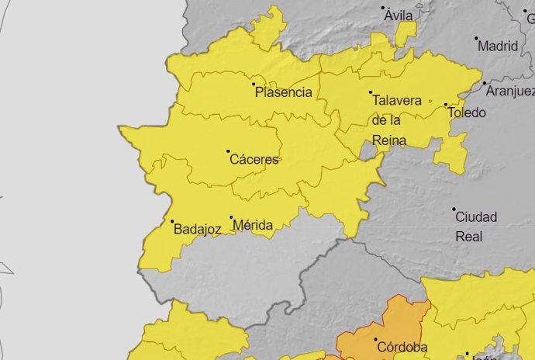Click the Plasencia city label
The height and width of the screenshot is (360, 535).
pos(284,92)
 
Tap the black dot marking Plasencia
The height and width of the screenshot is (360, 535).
pos(254,83)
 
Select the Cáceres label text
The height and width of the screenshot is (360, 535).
pos(254,160)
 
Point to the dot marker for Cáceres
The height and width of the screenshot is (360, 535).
pos(228,151)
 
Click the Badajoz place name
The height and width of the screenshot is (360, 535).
pos(198,229)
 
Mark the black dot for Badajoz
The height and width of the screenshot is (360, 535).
pos(172,221)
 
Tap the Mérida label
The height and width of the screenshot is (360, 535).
pos(253,226)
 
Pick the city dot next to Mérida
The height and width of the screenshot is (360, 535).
pos(231,217)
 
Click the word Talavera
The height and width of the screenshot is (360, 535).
pos(397,101)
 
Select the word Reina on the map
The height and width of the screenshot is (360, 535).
pos(389,140)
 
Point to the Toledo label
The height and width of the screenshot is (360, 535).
pos(468,112)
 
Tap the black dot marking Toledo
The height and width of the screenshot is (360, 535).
pos(446,105)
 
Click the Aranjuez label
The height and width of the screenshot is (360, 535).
pos(510,92)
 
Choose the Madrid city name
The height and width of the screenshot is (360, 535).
pos(498,46)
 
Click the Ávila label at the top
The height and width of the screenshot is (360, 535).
pos(398,16)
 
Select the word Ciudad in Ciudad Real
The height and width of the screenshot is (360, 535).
pos(476,216)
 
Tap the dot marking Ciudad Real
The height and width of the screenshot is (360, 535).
pos(454,209)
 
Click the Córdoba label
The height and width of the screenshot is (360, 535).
pos(401,348)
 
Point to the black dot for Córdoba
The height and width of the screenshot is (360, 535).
pos(375,339)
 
